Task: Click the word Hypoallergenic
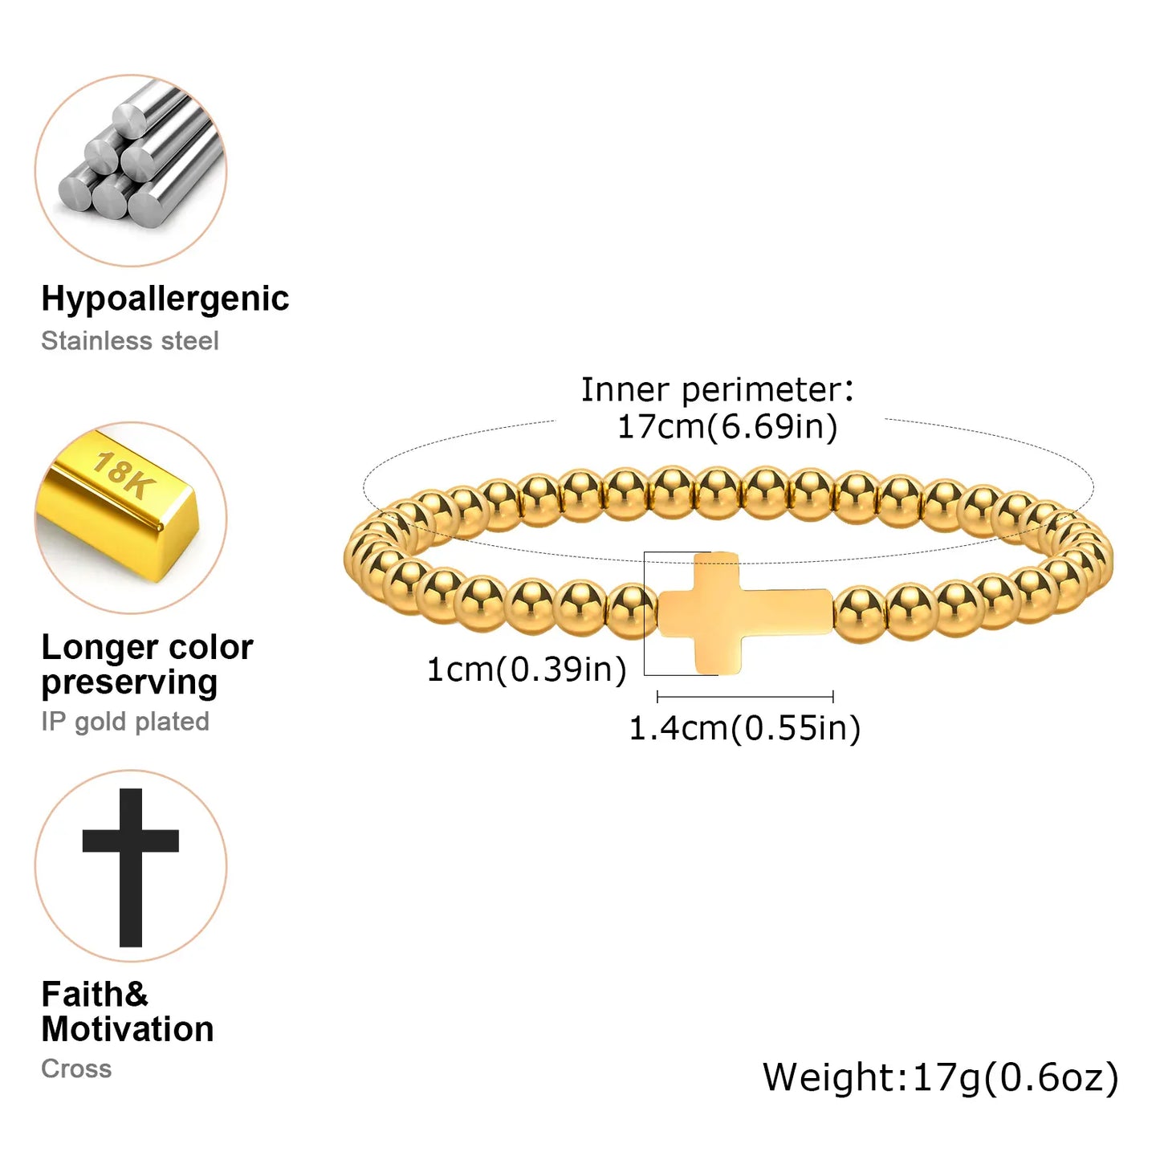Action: tap(165, 299)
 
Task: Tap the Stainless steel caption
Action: tap(129, 340)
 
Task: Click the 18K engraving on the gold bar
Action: tap(124, 475)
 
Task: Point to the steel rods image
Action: tap(140, 160)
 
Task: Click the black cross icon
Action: tap(131, 868)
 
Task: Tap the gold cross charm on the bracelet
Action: tap(747, 613)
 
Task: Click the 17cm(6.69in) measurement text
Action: tap(727, 427)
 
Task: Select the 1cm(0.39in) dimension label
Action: tap(527, 670)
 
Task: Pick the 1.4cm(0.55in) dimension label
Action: tap(745, 728)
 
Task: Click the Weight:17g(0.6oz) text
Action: tap(940, 1077)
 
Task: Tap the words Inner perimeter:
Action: tap(717, 390)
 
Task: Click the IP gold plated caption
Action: tap(125, 721)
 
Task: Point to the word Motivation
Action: tap(128, 1029)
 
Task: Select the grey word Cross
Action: tap(76, 1068)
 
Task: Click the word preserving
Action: tap(129, 683)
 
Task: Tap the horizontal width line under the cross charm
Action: tap(745, 697)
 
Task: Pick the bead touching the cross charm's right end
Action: tap(860, 613)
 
